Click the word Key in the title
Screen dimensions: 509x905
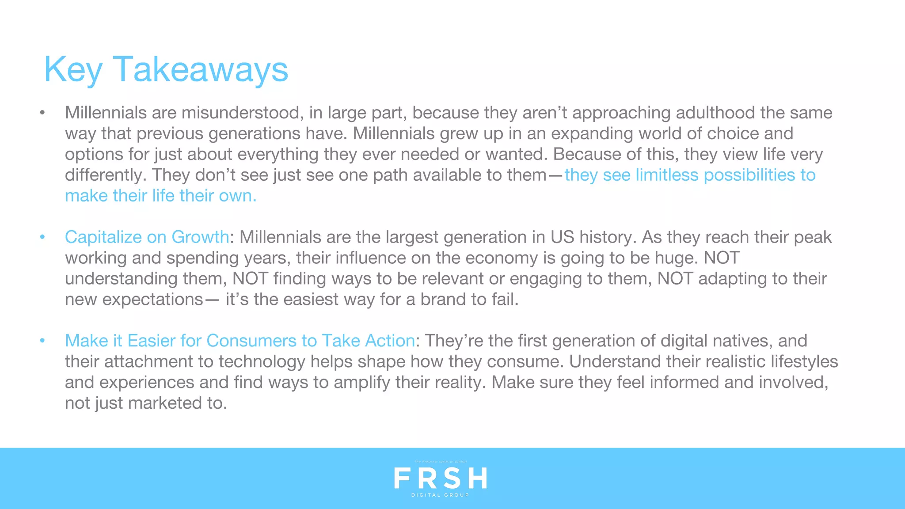point(73,70)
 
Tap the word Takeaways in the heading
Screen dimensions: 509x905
point(201,70)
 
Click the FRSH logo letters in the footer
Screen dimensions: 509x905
point(440,478)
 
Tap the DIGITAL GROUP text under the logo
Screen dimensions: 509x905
point(440,495)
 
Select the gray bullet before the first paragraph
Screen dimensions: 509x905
point(42,113)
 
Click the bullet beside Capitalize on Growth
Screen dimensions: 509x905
point(42,237)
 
